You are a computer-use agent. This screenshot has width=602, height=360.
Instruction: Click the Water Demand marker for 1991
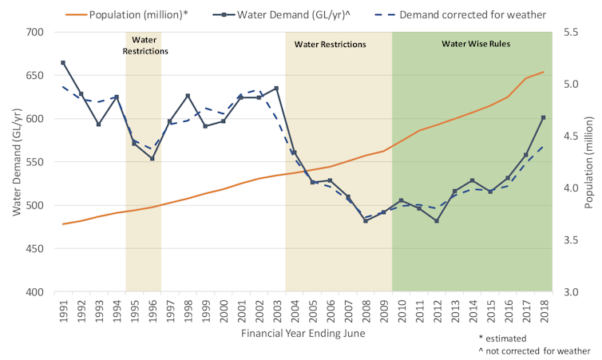(63, 62)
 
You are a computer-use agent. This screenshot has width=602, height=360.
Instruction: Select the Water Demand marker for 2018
(543, 117)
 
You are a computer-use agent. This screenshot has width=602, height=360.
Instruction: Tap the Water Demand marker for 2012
(437, 221)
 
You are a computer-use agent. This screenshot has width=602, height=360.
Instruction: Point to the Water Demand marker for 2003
(276, 88)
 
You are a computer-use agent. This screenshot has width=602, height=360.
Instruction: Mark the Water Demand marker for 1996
(152, 158)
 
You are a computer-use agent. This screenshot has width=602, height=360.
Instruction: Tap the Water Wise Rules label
(476, 43)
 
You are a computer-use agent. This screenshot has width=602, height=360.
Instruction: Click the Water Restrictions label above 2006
(330, 45)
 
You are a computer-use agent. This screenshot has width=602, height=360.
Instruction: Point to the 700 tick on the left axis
(36, 32)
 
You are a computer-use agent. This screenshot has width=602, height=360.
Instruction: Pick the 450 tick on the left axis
(36, 248)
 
